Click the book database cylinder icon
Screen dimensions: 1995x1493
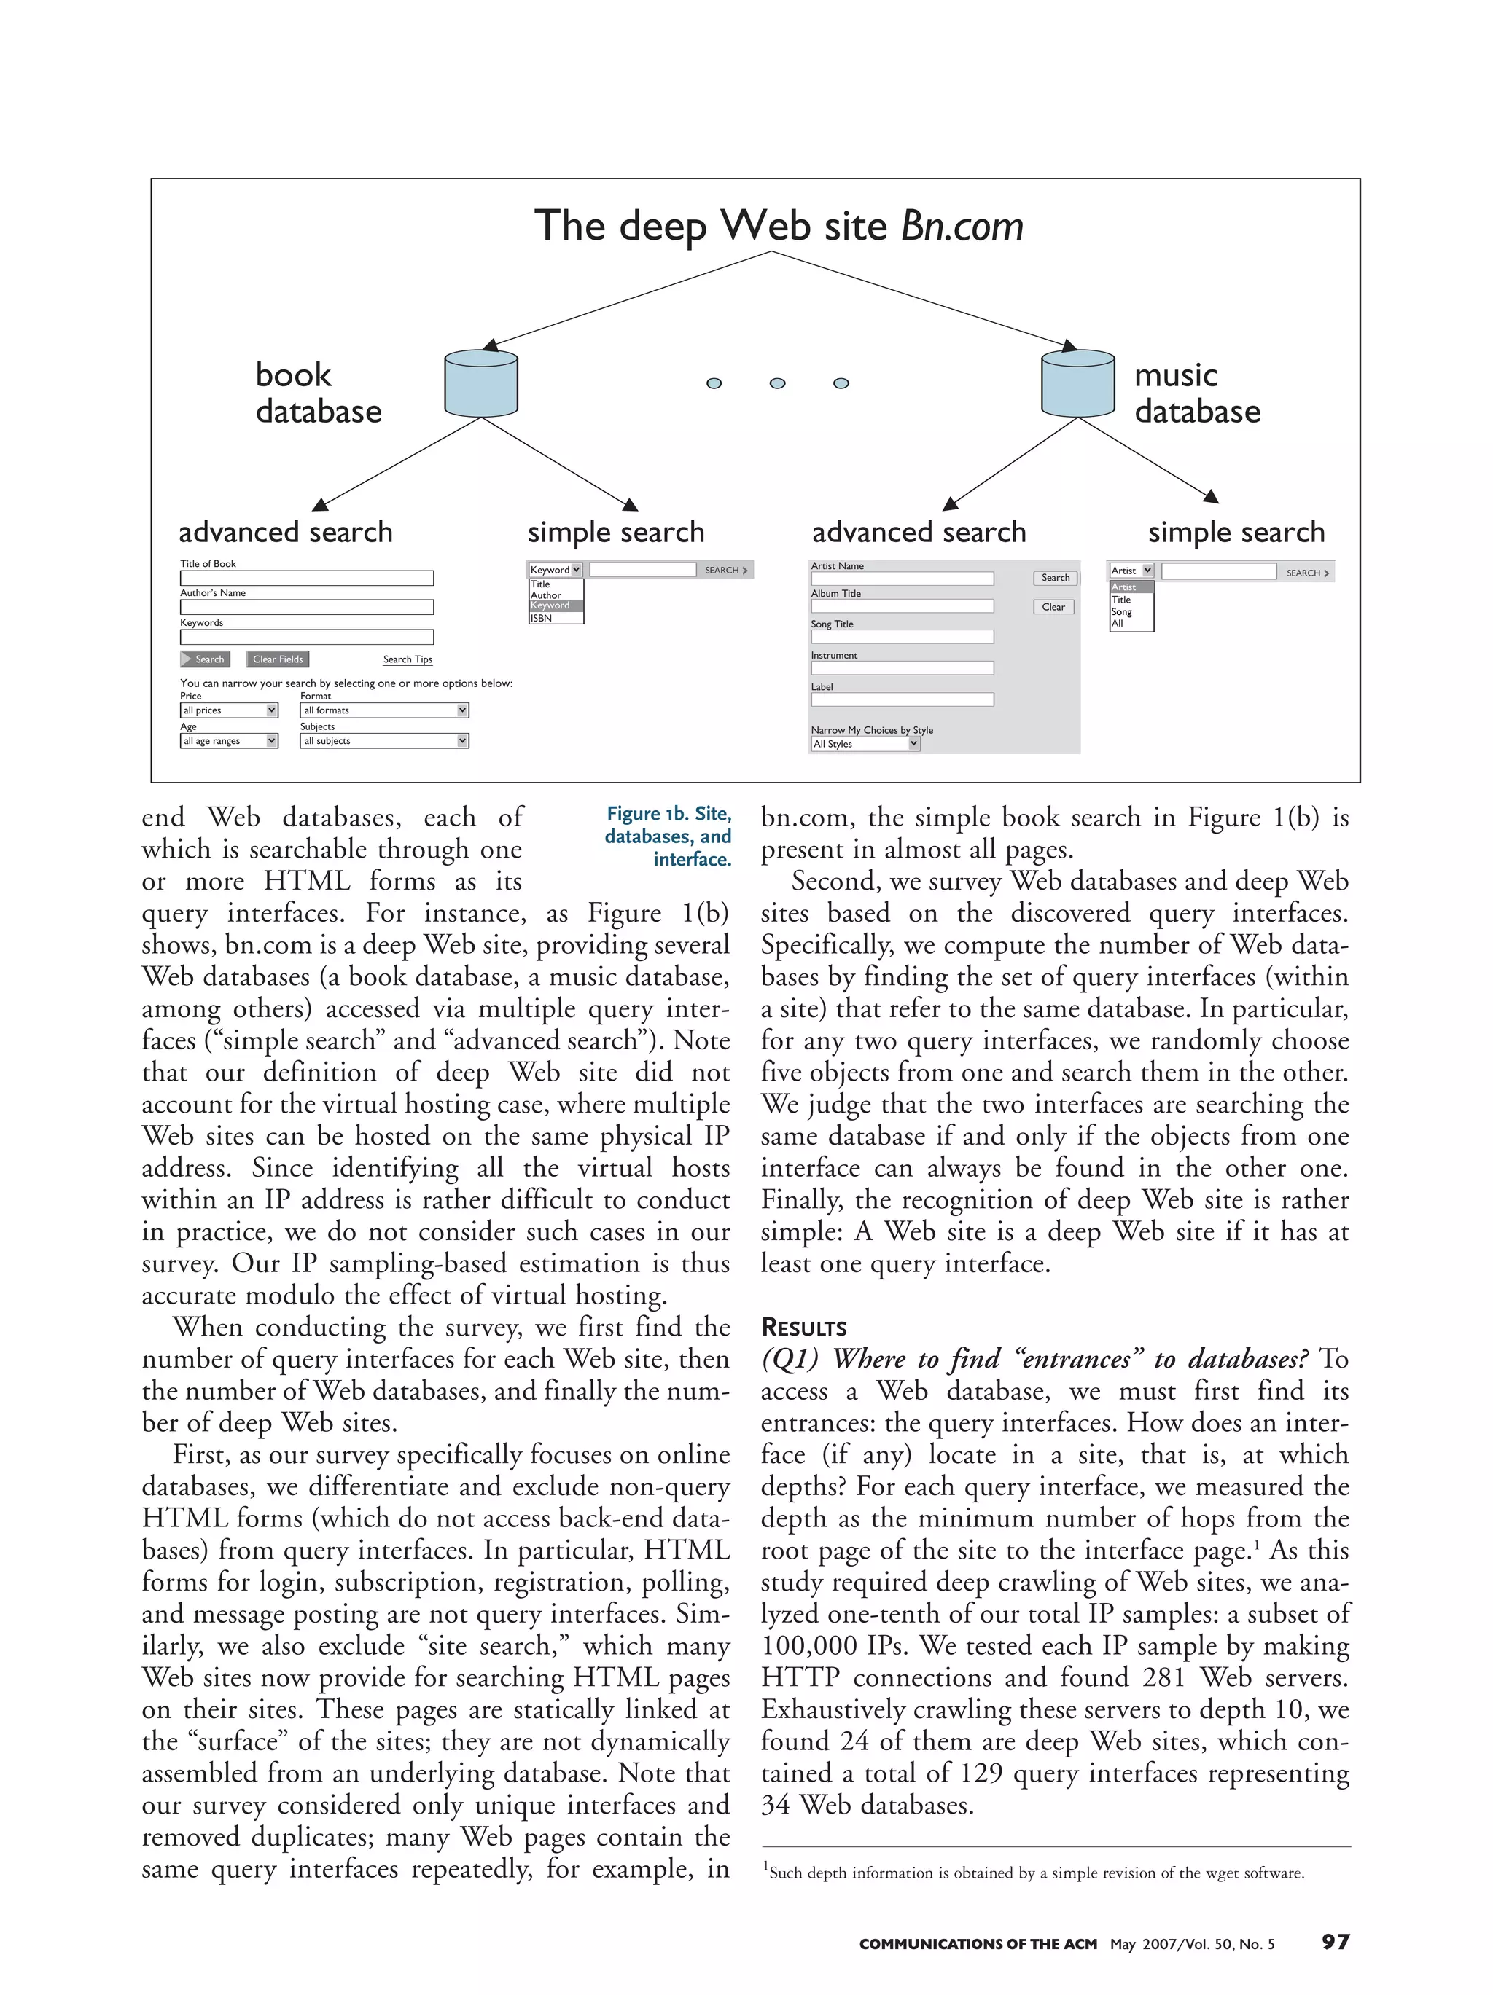481,383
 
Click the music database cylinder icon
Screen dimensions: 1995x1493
1077,383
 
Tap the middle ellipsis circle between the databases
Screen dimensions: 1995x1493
776,383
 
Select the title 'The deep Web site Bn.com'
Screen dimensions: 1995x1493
778,225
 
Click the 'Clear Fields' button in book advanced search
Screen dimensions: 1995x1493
278,659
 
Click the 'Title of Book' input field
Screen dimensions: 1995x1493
307,578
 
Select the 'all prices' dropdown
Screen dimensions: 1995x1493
228,710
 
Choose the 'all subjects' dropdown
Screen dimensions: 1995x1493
383,741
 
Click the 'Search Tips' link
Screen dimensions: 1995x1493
407,659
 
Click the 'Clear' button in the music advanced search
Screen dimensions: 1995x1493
1053,607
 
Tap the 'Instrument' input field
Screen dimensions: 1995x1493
901,668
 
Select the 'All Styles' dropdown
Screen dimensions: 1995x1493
864,744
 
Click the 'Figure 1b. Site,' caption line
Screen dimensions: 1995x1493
668,815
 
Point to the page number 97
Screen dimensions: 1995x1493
1334,1942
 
